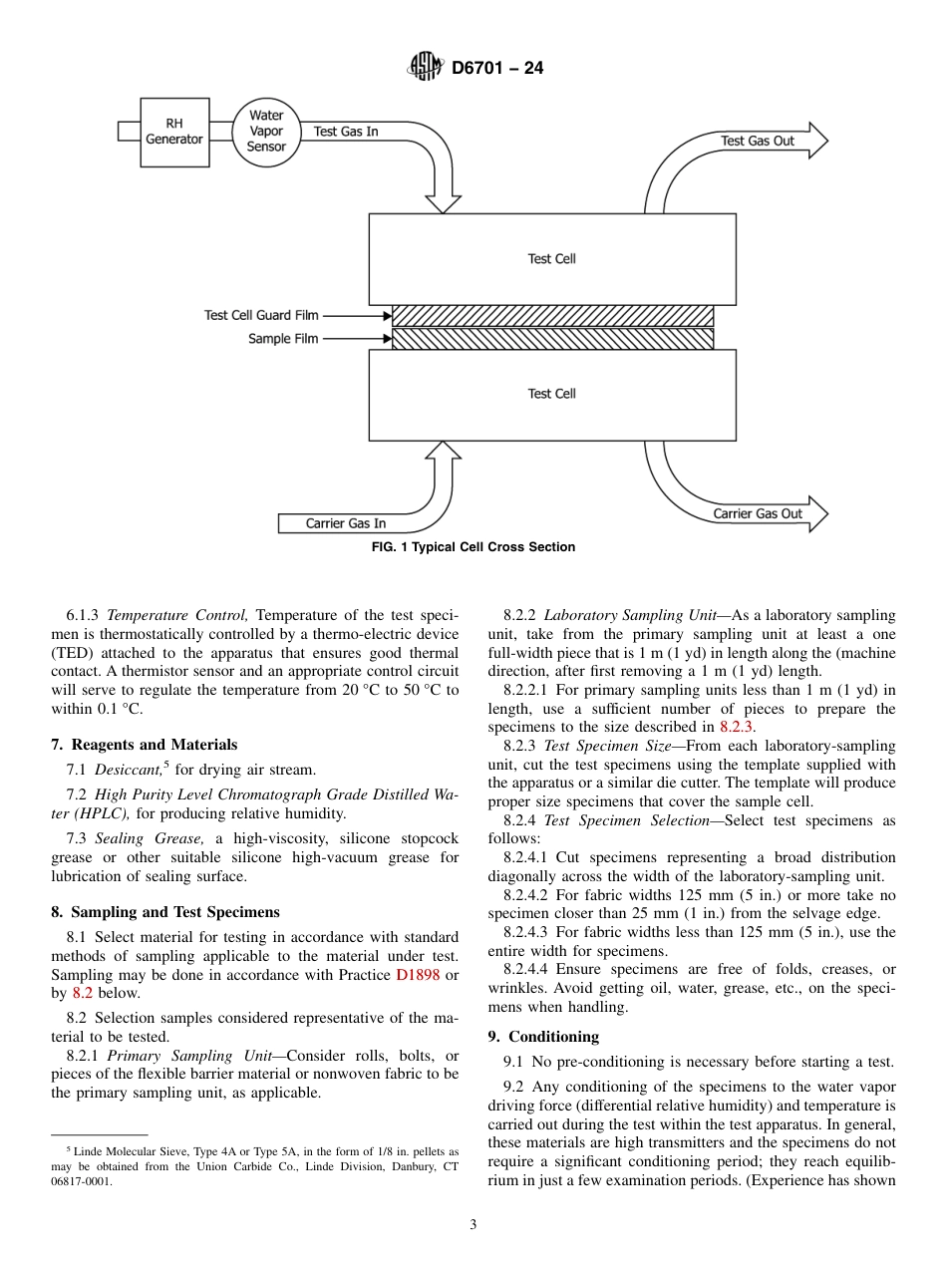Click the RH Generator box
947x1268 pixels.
(x=174, y=132)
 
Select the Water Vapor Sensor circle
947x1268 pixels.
(x=266, y=131)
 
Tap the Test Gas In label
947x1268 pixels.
(x=346, y=132)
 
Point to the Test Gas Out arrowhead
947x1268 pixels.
(x=817, y=141)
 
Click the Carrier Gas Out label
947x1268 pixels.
(x=758, y=513)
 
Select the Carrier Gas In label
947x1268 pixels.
(x=346, y=523)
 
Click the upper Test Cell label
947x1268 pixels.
(x=551, y=259)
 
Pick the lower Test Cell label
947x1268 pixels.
(x=551, y=394)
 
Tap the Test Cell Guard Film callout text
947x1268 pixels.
(x=261, y=315)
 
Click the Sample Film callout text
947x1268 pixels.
(x=283, y=339)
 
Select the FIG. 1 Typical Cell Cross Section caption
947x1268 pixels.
(x=473, y=547)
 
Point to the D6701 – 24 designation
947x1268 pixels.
(x=497, y=69)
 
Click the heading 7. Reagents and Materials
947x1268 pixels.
(x=144, y=745)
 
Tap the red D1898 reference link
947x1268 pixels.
(x=418, y=974)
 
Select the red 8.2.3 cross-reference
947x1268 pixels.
(x=737, y=727)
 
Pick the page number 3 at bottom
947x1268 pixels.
(x=473, y=1225)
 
